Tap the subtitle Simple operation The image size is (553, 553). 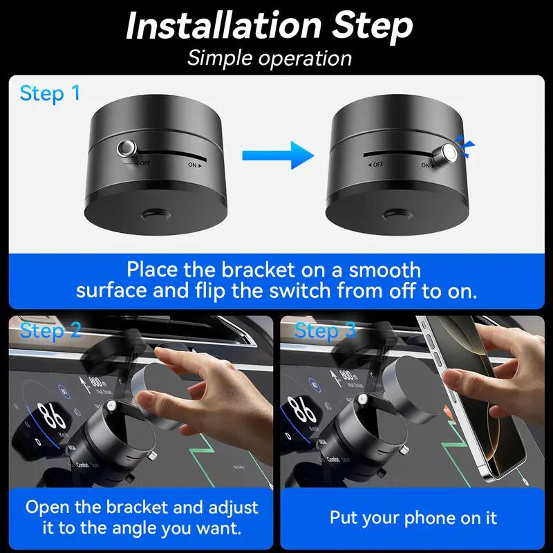270,57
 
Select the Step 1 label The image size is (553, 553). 50,93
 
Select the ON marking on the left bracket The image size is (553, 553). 194,166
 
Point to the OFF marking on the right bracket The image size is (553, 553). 375,165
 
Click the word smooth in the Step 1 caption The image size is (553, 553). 379,268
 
